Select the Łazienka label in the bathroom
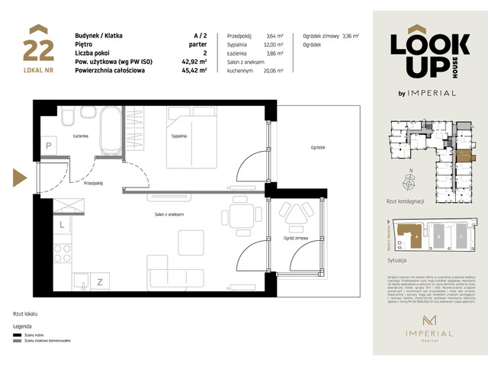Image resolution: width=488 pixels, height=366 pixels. coord(74,136)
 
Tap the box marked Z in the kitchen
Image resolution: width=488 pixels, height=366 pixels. coord(100,282)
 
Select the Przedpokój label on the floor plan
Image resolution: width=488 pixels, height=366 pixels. coord(94,183)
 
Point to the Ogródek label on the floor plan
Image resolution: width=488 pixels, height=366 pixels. coord(318,148)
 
